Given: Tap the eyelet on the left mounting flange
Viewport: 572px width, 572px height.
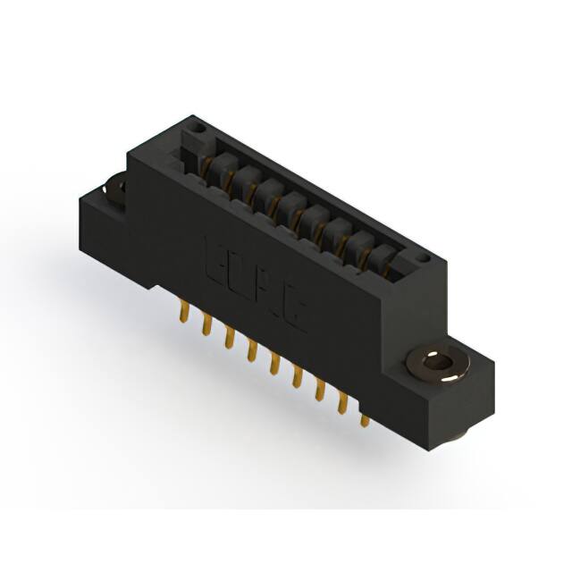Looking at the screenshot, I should pos(115,188).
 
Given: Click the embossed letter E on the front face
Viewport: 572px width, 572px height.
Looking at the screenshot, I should pos(217,257).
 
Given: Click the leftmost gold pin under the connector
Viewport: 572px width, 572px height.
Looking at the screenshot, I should pos(184,312).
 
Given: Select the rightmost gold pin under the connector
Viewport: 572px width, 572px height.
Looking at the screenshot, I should pos(365,417).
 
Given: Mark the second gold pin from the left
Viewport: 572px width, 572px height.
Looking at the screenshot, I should pos(206,324).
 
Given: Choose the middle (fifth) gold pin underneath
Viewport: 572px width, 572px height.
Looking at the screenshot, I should pos(274,364).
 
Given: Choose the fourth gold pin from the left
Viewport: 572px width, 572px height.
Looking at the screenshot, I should pos(252,350).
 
